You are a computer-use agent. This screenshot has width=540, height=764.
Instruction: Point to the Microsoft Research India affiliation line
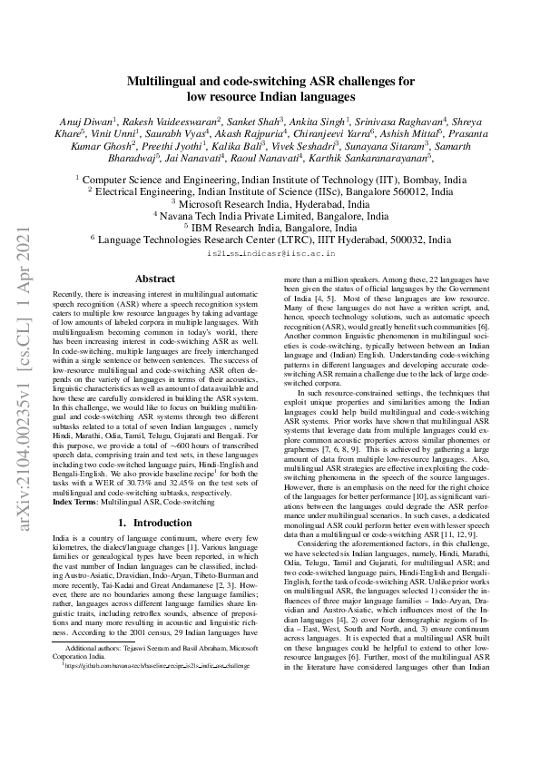tap(270, 205)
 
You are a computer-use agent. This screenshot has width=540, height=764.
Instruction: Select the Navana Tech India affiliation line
tap(270, 217)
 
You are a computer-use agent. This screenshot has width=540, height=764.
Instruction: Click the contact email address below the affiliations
tap(270, 256)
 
